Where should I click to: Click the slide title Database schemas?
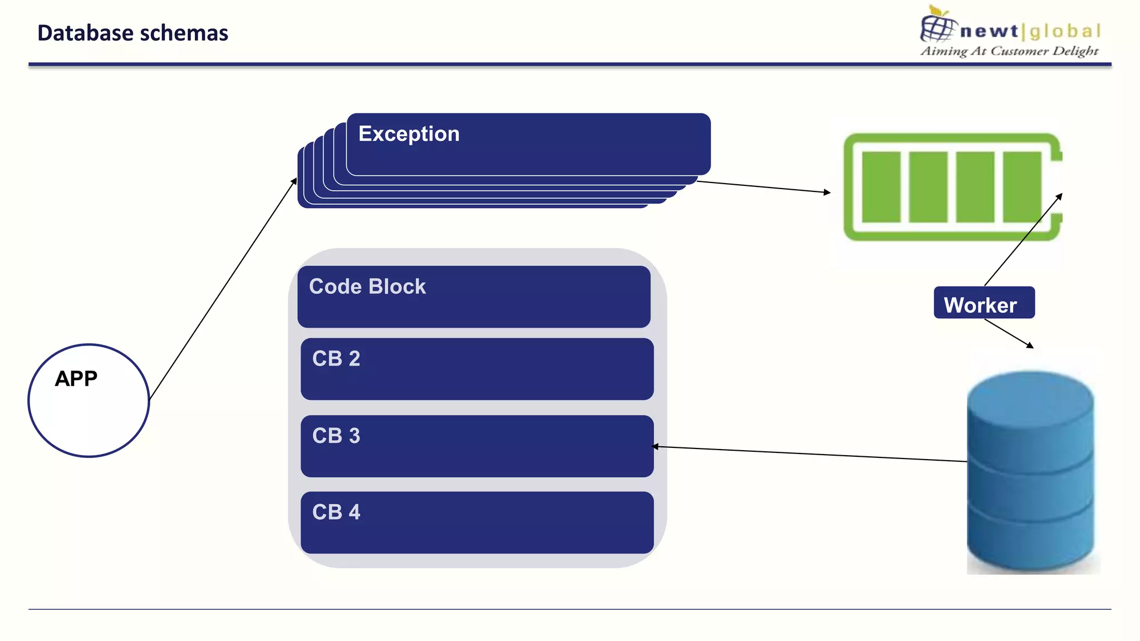[132, 33]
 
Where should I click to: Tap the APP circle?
[89, 401]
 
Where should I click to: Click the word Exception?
[409, 134]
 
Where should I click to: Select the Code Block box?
[474, 297]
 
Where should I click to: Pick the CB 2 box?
[477, 369]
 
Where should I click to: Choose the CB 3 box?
[477, 446]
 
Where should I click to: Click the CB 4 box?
[477, 522]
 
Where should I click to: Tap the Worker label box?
[984, 303]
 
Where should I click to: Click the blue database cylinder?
[1030, 473]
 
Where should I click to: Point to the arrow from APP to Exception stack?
[223, 289]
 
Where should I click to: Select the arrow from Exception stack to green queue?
[763, 186]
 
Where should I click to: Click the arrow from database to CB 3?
[807, 453]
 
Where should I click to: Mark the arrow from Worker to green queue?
[1023, 240]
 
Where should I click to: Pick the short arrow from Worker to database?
[1009, 333]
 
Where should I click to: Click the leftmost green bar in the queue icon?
[881, 186]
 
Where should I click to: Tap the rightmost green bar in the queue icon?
[1021, 186]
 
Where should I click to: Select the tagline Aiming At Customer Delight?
[1009, 51]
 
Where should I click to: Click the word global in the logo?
[1064, 31]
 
